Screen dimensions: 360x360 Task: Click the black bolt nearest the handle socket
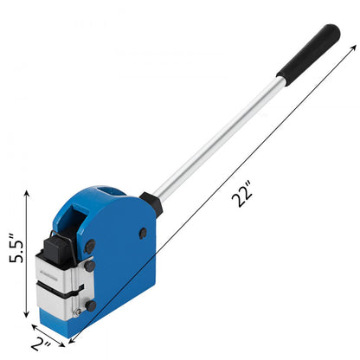[x=143, y=233]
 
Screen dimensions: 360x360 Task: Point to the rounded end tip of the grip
[x=332, y=31]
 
